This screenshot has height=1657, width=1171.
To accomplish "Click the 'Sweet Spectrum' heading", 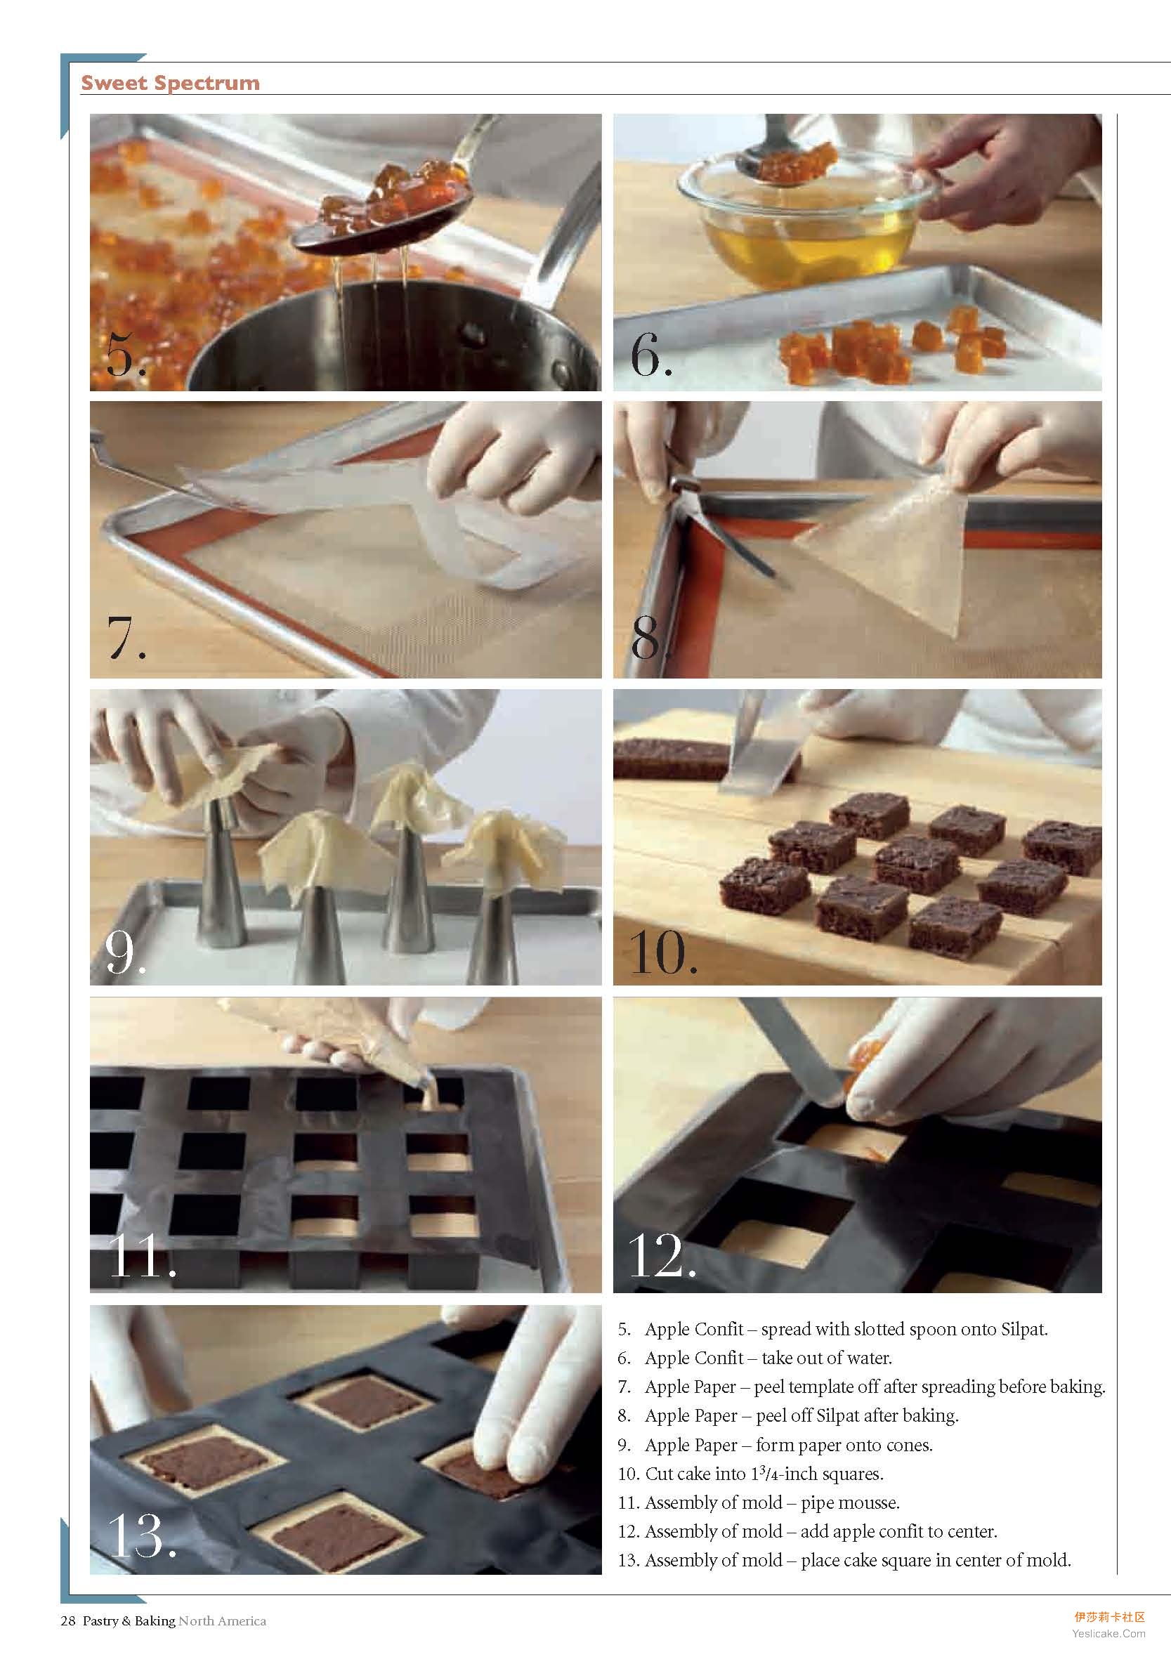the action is click(x=171, y=83).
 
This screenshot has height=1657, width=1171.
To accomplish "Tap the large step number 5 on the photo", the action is click(x=126, y=353).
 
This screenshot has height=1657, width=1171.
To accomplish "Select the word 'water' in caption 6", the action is click(x=870, y=1358).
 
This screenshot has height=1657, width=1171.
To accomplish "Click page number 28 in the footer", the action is click(x=68, y=1620).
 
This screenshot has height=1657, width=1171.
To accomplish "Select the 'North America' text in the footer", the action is click(x=223, y=1620).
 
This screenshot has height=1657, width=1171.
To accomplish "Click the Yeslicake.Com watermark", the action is click(x=1108, y=1633).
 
